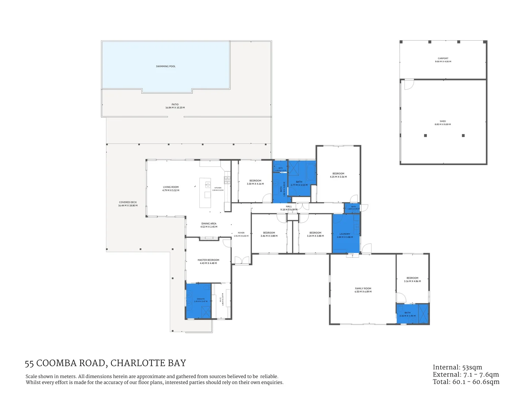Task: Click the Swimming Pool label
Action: pos(166,66)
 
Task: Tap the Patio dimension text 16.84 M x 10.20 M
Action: pos(175,108)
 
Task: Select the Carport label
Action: pos(443,58)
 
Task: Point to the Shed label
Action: pos(443,121)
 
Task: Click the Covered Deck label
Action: pos(128,202)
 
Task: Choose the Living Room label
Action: pos(171,187)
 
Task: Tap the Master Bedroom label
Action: pos(208,260)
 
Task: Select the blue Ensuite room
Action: pos(198,300)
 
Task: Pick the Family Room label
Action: pos(363,289)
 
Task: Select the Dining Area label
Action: pos(209,224)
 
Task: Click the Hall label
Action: pos(289,207)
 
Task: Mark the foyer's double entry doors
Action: pos(242,260)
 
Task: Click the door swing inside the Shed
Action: pos(408,84)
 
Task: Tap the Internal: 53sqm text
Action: pos(457,367)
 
